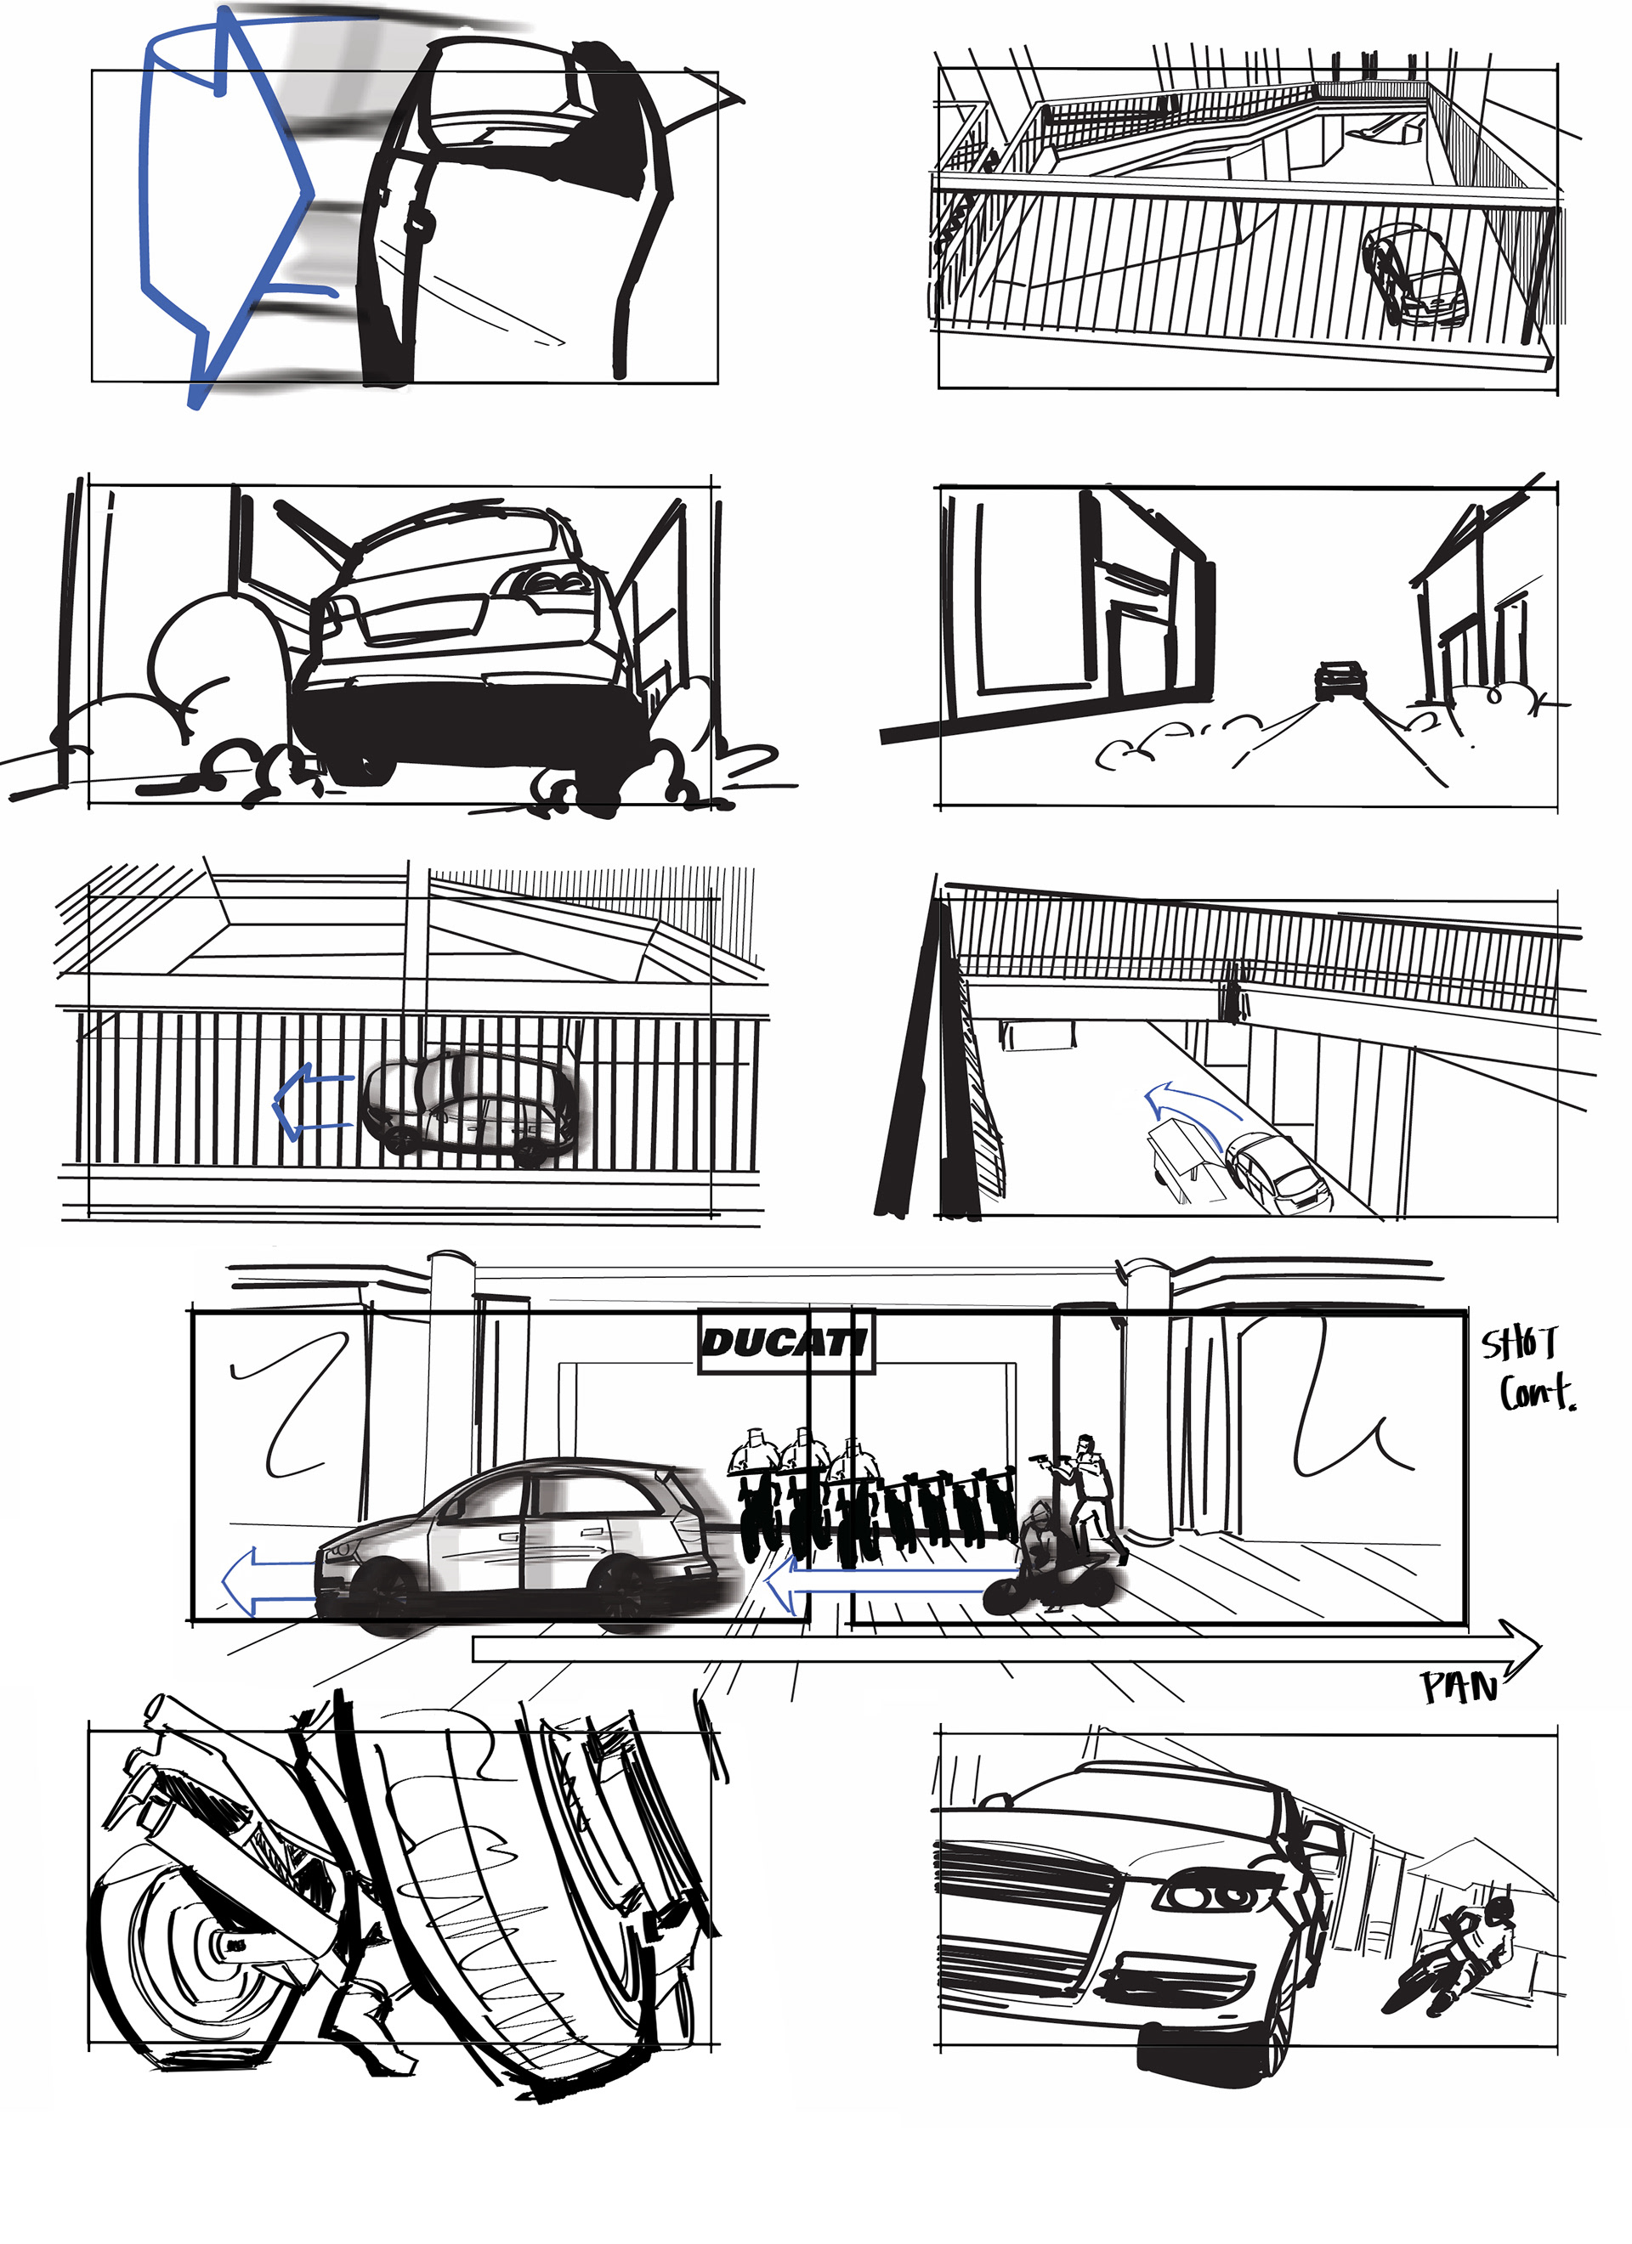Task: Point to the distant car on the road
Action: point(1340,680)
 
